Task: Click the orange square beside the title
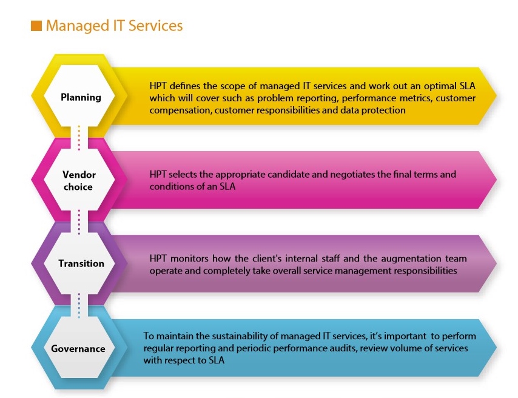36,25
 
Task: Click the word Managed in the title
77,26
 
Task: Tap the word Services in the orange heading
155,25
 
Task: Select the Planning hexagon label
81,98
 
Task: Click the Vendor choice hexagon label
79,180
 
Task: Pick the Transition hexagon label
81,263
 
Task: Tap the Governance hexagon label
78,349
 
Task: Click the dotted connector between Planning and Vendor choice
79,138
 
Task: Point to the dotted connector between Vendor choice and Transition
79,222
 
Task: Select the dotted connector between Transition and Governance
79,305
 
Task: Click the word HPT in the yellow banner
158,86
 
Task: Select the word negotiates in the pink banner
352,174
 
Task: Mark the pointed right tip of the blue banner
497,347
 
